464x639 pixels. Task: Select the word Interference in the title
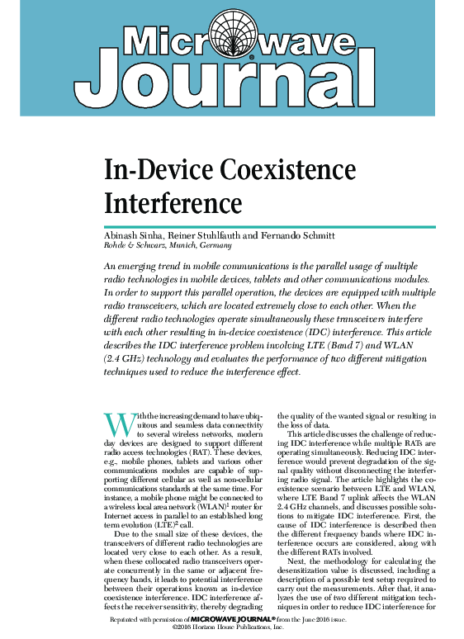[x=173, y=201]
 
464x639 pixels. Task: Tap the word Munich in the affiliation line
[x=181, y=245]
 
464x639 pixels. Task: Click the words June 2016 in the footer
[x=313, y=618]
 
